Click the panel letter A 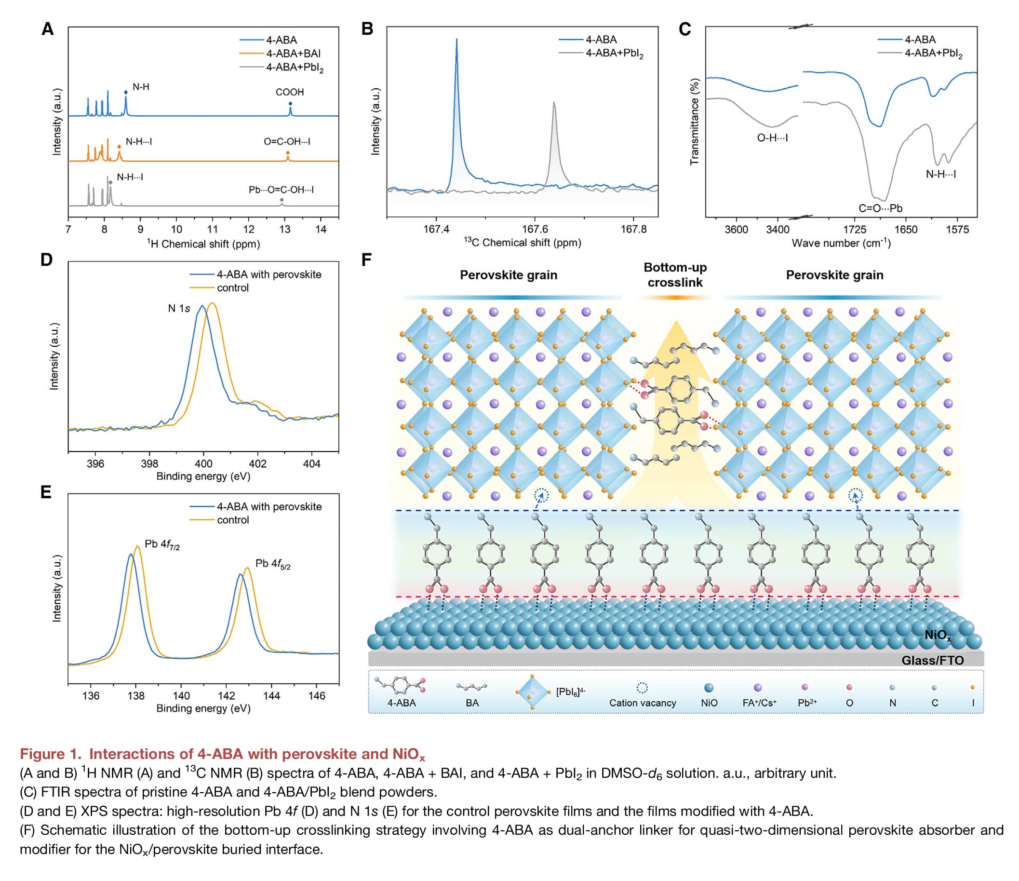pyautogui.click(x=47, y=29)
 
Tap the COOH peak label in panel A pyautogui.click(x=289, y=92)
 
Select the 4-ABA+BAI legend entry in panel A pyautogui.click(x=293, y=53)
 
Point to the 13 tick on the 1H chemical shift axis pyautogui.click(x=285, y=229)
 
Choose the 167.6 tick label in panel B pyautogui.click(x=535, y=229)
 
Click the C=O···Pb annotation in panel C pyautogui.click(x=880, y=208)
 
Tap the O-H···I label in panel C pyautogui.click(x=772, y=138)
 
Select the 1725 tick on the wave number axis pyautogui.click(x=855, y=230)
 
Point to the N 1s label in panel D pyautogui.click(x=178, y=309)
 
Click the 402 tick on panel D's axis pyautogui.click(x=258, y=463)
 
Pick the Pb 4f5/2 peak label pyautogui.click(x=272, y=564)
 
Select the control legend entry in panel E pyautogui.click(x=233, y=520)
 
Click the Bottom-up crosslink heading pyautogui.click(x=675, y=275)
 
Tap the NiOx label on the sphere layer pyautogui.click(x=938, y=635)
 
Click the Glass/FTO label pyautogui.click(x=932, y=660)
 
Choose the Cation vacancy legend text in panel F pyautogui.click(x=642, y=703)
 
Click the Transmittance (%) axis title pyautogui.click(x=695, y=122)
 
